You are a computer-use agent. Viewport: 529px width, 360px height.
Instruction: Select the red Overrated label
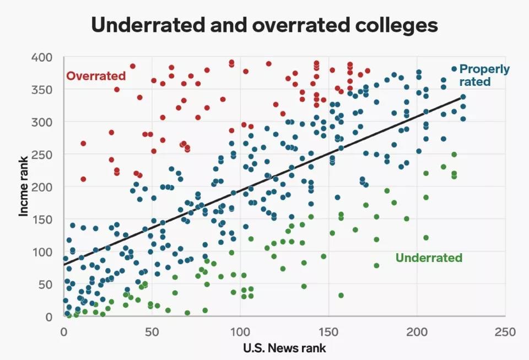click(x=96, y=76)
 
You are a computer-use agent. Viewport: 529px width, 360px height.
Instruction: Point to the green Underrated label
click(x=429, y=258)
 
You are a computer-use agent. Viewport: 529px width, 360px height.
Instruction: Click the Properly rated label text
click(x=484, y=75)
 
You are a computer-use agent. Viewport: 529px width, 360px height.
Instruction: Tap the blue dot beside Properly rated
click(x=454, y=69)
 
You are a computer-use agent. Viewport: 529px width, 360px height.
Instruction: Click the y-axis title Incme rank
click(x=24, y=186)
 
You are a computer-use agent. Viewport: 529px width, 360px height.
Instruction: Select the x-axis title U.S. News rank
click(x=284, y=348)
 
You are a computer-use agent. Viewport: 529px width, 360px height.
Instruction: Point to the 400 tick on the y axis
click(x=42, y=57)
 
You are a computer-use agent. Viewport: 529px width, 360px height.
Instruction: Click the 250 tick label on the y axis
click(x=42, y=154)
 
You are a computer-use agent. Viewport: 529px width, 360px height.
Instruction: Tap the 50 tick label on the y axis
click(x=45, y=285)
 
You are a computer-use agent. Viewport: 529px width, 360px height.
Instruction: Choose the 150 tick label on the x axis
click(x=328, y=332)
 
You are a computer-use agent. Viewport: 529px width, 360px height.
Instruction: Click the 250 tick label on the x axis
click(x=505, y=332)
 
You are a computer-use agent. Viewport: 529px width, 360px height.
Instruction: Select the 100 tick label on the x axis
click(x=240, y=332)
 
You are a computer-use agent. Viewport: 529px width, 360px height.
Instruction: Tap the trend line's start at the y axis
click(x=64, y=265)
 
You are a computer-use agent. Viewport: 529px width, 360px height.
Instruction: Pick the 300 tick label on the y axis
click(x=42, y=122)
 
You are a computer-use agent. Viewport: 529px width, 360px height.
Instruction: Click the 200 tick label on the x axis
click(x=417, y=332)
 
